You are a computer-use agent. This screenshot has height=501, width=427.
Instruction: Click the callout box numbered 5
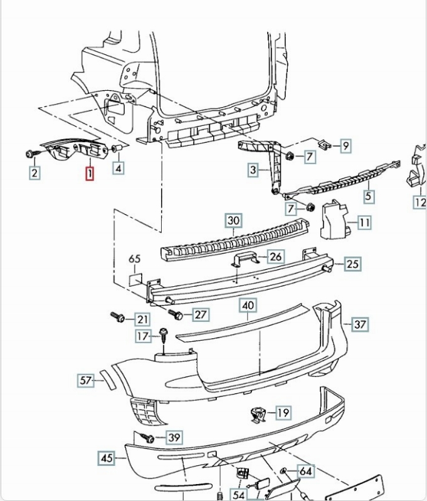(x=369, y=196)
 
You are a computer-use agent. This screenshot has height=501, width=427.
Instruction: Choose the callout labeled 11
(x=364, y=222)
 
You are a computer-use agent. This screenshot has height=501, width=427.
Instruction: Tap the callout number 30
(x=233, y=220)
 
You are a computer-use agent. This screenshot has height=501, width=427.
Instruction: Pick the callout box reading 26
(x=275, y=256)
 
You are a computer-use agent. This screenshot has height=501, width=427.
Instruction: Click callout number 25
(x=352, y=264)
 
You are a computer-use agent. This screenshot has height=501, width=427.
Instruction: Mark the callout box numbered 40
(x=248, y=306)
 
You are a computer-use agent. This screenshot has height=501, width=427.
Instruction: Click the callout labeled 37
(x=360, y=324)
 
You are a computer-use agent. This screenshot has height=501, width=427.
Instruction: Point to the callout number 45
(x=107, y=458)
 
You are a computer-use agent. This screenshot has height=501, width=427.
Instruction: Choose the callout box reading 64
(x=305, y=471)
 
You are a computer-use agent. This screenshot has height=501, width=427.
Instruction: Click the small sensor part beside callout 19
(x=256, y=413)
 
